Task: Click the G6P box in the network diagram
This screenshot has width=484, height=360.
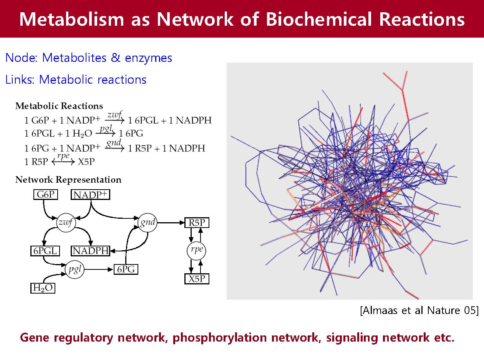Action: click(x=46, y=195)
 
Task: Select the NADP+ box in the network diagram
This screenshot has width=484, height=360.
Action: click(x=90, y=195)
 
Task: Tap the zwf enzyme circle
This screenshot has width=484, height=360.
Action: click(x=66, y=223)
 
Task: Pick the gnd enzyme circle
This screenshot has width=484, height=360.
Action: click(x=148, y=223)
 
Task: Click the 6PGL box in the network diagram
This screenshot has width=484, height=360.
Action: click(x=45, y=251)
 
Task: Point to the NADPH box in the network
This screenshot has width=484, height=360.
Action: click(x=90, y=251)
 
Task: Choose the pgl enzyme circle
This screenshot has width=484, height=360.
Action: click(x=75, y=269)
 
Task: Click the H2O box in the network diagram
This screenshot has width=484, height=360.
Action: click(x=43, y=288)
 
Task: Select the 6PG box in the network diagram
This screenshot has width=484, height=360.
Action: click(x=126, y=269)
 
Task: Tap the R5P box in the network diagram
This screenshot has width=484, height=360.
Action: click(x=197, y=223)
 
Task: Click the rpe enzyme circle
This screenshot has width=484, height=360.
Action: click(x=196, y=251)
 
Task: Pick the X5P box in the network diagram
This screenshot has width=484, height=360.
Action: click(x=197, y=279)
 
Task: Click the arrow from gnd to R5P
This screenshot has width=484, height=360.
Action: click(x=171, y=223)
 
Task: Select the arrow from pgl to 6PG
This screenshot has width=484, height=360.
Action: click(x=99, y=269)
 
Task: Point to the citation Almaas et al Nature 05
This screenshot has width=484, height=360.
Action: click(x=419, y=310)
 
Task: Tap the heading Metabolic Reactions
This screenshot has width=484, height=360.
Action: click(x=59, y=106)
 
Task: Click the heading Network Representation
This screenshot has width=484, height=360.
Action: click(x=68, y=180)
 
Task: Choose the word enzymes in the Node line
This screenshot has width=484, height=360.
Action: click(x=149, y=58)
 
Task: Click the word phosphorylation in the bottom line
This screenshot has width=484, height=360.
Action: click(x=219, y=337)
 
